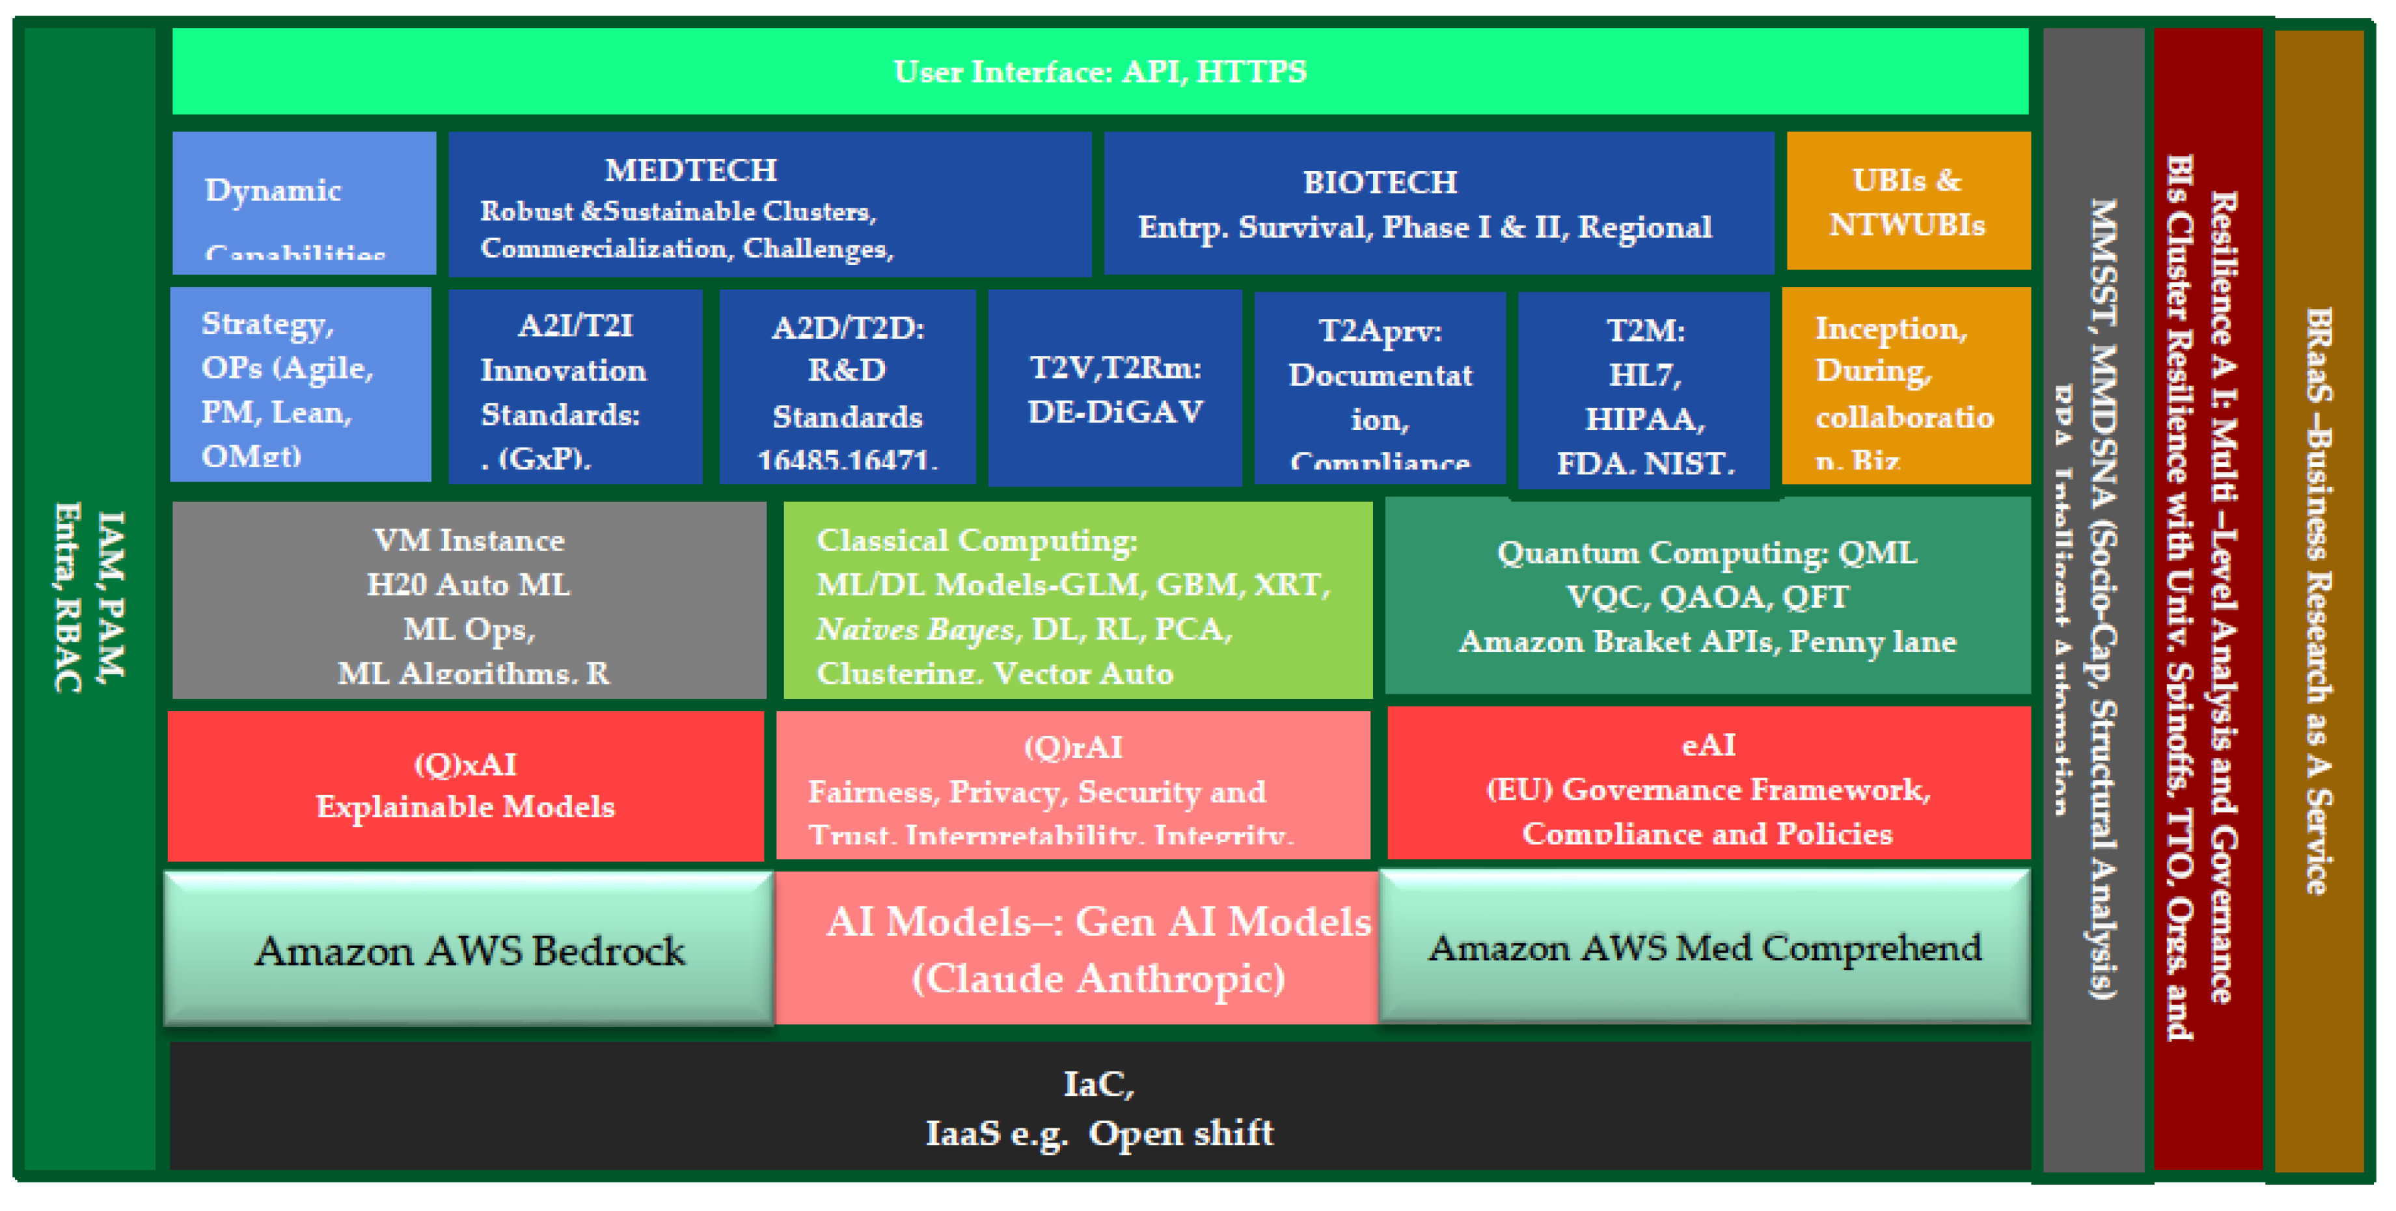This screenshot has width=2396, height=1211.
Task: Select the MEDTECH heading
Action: (690, 170)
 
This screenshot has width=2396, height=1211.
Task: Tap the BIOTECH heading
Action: (1380, 182)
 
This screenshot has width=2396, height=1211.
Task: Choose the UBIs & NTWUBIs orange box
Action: (1907, 202)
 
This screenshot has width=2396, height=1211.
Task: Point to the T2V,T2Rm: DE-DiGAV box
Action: (1114, 388)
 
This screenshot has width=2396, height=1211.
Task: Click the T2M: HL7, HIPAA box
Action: (1644, 390)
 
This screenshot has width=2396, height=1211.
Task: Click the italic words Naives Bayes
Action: (914, 630)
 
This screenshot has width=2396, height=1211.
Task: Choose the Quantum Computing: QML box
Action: (1707, 596)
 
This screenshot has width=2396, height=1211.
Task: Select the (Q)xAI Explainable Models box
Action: (465, 786)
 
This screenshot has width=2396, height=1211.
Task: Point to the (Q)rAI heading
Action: (1072, 747)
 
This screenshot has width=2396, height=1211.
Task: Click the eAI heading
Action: (1708, 745)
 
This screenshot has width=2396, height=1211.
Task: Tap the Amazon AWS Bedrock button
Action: (469, 949)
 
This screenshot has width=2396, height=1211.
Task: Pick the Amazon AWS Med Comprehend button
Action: (1704, 947)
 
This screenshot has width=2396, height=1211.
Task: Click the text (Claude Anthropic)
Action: (1098, 979)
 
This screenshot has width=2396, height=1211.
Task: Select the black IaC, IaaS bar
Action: (1099, 1107)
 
